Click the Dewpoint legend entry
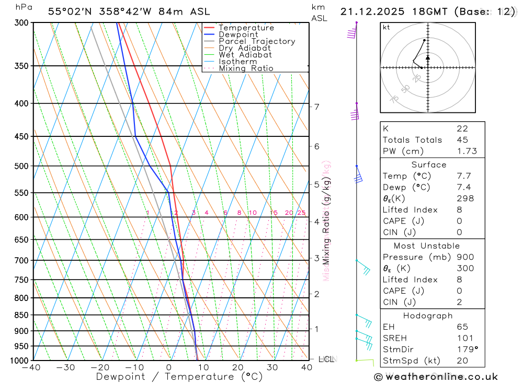[x=238, y=34]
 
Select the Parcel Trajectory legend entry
[x=257, y=41]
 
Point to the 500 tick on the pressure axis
[x=21, y=166]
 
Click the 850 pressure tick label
[x=21, y=315]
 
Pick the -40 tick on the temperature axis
[x=31, y=367]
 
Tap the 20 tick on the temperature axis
[x=238, y=367]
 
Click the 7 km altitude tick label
[x=316, y=107]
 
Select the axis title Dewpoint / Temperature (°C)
[x=179, y=376]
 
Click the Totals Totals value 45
[x=462, y=140]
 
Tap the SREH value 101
[x=464, y=338]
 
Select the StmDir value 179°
[x=467, y=349]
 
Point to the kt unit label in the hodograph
[x=386, y=27]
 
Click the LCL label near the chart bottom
[x=327, y=359]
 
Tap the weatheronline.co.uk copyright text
[x=436, y=377]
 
